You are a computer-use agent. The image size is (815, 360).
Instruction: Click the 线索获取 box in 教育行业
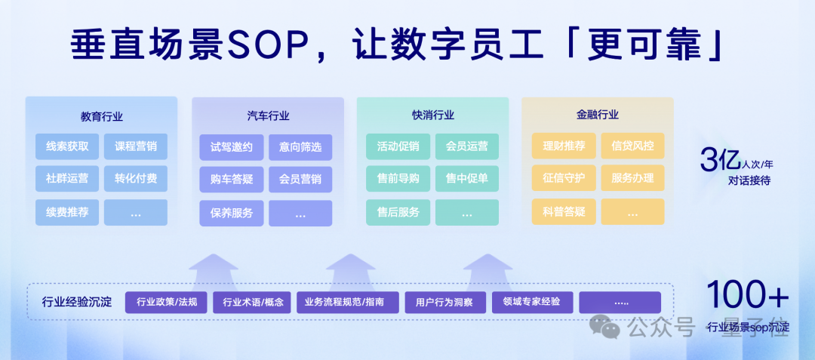pos(67,146)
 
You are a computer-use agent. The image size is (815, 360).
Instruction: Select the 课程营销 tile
pos(136,146)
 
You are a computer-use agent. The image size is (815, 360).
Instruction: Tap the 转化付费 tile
pos(136,179)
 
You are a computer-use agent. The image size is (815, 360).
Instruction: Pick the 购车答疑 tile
pos(232,180)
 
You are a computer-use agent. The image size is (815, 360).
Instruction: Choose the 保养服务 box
pos(232,213)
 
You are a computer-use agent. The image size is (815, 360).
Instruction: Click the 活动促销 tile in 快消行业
pos(398,146)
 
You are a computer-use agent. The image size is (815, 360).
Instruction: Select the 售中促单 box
pos(466,179)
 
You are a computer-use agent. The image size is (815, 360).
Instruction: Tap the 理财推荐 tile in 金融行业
pos(564,146)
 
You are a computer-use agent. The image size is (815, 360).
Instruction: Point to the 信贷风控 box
pos(632,146)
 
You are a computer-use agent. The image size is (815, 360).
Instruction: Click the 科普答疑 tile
pos(564,212)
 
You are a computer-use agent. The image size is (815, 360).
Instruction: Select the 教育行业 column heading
pos(102,116)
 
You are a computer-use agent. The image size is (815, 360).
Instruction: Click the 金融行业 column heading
pos(598,115)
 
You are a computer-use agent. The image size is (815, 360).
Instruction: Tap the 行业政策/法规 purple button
pos(166,303)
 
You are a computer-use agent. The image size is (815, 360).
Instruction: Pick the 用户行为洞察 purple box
pos(445,303)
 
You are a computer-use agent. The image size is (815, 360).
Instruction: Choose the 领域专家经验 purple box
pos(532,302)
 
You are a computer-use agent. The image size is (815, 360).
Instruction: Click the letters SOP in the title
pos(272,45)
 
